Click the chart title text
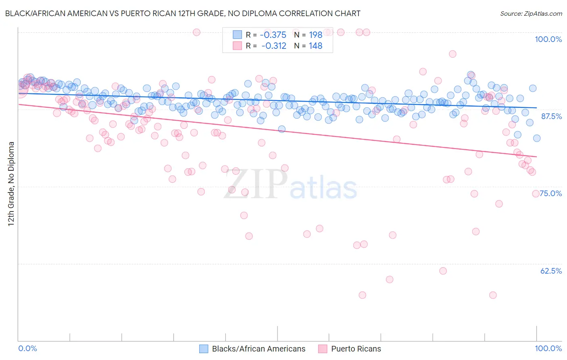click(183, 13)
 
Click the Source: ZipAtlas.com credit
click(531, 13)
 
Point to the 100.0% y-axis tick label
click(548, 39)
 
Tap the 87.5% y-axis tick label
click(551, 116)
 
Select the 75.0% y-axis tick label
click(551, 193)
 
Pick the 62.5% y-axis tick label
click(551, 271)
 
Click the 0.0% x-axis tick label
click(27, 348)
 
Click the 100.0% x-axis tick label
click(548, 348)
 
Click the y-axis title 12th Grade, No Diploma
click(11, 184)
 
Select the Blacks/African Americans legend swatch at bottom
click(204, 349)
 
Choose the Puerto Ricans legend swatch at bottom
click(323, 349)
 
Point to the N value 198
click(315, 35)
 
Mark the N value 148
click(315, 46)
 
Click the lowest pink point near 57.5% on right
click(493, 295)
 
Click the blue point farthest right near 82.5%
click(537, 138)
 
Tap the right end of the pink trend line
click(537, 157)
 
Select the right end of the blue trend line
click(537, 108)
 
